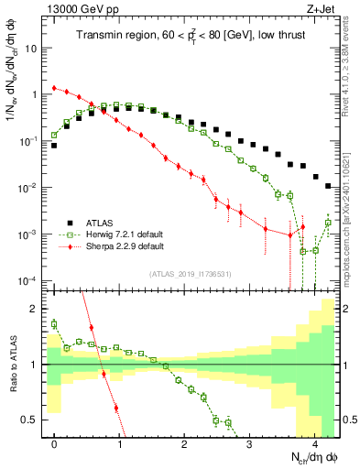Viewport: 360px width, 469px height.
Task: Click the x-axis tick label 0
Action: click(55, 444)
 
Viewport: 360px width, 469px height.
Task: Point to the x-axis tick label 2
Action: click(185, 444)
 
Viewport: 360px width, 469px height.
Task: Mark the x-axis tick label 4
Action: click(314, 444)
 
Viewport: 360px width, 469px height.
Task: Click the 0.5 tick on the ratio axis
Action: click(34, 420)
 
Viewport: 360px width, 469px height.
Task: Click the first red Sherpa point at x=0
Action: click(55, 88)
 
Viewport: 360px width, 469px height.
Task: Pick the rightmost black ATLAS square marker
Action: click(328, 186)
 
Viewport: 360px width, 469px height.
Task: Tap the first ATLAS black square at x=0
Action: click(55, 145)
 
